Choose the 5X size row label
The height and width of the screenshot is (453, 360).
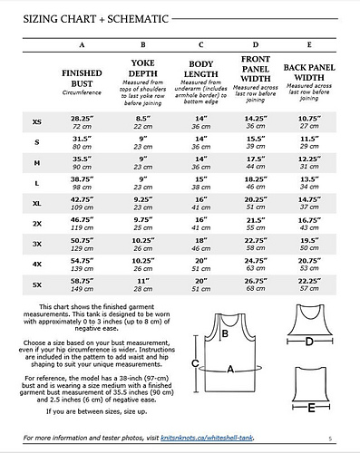(x=36, y=284)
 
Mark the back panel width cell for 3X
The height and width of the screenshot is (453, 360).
(x=312, y=244)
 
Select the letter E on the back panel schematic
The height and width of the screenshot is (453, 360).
(x=311, y=409)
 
